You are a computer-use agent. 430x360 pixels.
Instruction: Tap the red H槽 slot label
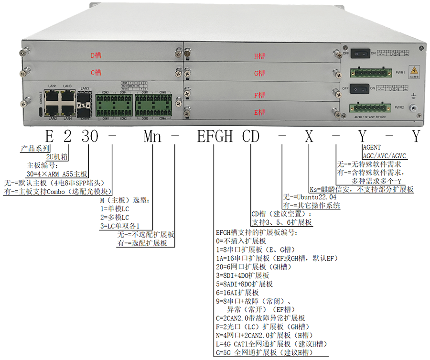[x=259, y=56]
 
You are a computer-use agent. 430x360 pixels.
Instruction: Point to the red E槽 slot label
[x=259, y=112]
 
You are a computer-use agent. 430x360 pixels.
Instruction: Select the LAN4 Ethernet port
[x=67, y=109]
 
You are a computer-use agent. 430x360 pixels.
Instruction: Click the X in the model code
[x=309, y=137]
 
